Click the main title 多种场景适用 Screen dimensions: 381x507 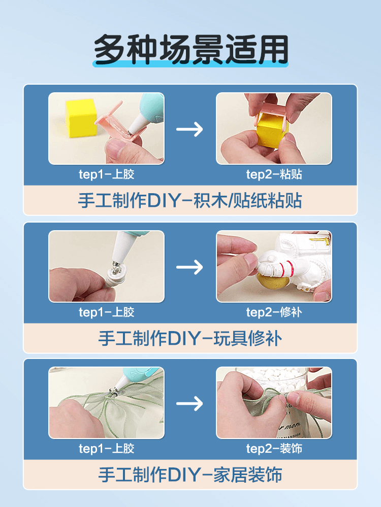click(191, 49)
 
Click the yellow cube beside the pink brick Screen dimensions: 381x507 click(81, 118)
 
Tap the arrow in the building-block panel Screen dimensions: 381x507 click(189, 129)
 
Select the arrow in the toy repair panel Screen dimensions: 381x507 click(189, 267)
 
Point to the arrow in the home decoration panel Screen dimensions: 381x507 click(189, 404)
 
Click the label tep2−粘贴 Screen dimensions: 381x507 click(274, 174)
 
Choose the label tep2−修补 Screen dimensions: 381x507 click(274, 312)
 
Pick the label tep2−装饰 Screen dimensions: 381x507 click(274, 449)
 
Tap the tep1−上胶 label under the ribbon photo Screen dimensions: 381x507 click(106, 449)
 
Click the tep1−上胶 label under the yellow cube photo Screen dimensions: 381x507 click(106, 174)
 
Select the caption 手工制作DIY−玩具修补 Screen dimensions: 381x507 click(190, 339)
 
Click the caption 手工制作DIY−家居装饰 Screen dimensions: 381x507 click(190, 475)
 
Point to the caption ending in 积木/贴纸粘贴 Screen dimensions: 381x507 click(190, 200)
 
